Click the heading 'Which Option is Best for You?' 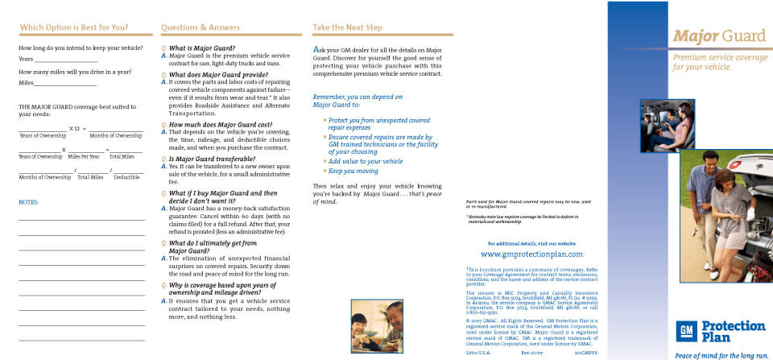point(73,27)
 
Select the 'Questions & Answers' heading point(200,27)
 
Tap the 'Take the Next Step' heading point(347,27)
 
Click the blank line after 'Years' point(65,60)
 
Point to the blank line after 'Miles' point(65,83)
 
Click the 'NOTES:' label point(29,202)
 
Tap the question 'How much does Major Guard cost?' point(220,125)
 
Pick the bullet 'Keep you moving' point(353,172)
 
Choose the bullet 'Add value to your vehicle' point(365,161)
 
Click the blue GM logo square point(687,330)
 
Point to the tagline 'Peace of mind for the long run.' point(721,354)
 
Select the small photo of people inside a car point(667,125)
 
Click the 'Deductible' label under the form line point(126,177)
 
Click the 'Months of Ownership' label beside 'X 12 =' point(116,135)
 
